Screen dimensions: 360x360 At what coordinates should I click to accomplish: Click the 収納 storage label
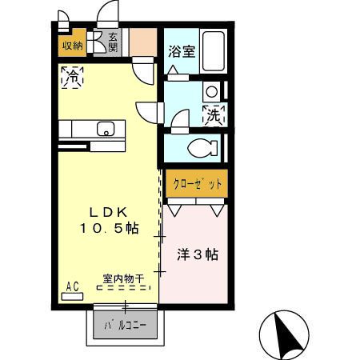pyautogui.click(x=72, y=46)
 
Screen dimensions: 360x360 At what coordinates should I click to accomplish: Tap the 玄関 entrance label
pyautogui.click(x=114, y=42)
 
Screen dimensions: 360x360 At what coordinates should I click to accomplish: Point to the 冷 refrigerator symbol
pyautogui.click(x=72, y=78)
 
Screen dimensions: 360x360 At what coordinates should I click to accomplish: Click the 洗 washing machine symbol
pyautogui.click(x=214, y=115)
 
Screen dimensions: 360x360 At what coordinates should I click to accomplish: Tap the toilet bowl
pyautogui.click(x=203, y=148)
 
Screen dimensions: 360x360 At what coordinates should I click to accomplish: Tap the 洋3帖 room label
pyautogui.click(x=197, y=255)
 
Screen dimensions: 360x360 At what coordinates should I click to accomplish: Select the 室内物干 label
pyautogui.click(x=122, y=279)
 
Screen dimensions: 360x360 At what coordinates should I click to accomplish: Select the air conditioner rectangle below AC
pyautogui.click(x=71, y=295)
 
